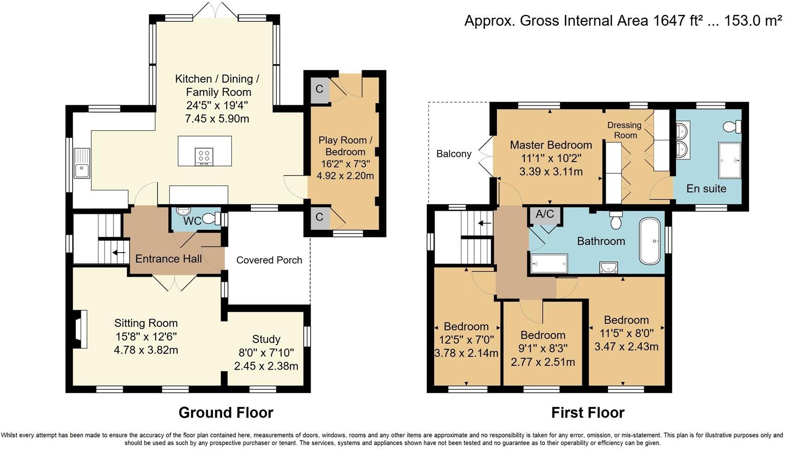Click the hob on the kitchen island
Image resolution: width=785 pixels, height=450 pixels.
(204, 157)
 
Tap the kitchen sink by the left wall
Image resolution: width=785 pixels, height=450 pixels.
(82, 163)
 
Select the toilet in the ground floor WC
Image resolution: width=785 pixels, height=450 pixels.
(211, 219)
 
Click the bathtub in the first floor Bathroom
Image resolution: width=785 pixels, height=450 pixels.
(650, 241)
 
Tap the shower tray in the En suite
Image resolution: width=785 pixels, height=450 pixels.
(730, 160)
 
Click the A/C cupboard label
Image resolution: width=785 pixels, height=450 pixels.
(545, 214)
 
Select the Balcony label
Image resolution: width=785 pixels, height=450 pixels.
(454, 154)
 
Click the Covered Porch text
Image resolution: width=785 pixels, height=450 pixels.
(269, 260)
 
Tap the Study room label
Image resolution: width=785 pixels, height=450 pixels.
(266, 339)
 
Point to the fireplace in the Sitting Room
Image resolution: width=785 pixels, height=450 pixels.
(80, 329)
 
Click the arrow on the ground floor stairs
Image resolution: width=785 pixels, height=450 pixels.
(119, 252)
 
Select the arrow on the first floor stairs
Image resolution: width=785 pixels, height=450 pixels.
(485, 223)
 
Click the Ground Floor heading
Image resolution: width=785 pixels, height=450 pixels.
(226, 412)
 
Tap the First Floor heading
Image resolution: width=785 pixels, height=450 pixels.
(588, 412)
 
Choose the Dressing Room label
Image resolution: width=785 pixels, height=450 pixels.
(625, 130)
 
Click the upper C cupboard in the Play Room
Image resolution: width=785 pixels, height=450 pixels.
(319, 89)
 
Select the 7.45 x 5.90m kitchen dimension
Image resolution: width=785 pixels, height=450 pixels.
(217, 118)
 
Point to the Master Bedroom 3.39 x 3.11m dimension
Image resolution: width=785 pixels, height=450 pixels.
(551, 172)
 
